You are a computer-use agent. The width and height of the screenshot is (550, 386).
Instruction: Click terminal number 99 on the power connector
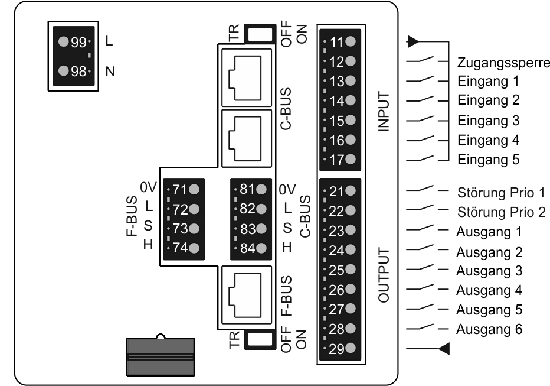73,43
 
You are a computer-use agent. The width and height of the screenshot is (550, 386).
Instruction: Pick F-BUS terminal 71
183,190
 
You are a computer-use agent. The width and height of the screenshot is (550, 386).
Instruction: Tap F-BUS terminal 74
183,248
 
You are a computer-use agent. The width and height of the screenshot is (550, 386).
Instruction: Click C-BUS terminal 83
250,229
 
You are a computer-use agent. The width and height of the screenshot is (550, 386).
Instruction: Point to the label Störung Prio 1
501,193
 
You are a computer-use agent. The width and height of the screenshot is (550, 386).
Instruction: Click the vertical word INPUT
385,112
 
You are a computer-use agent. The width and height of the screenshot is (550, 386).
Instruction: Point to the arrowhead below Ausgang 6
444,349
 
